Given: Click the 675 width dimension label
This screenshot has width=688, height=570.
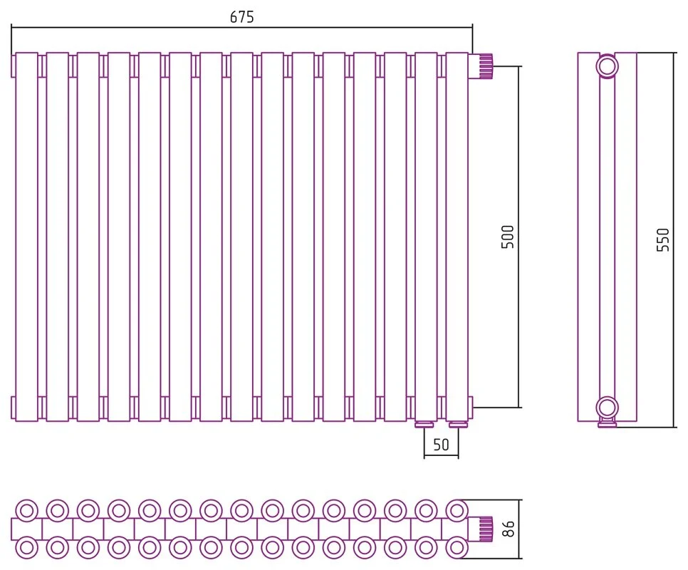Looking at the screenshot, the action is click(241, 16).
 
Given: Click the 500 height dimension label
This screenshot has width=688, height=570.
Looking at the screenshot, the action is click(507, 237).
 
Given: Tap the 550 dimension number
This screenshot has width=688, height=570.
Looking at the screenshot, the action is click(663, 239).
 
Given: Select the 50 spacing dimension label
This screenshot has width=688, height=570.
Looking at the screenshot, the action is click(441, 445).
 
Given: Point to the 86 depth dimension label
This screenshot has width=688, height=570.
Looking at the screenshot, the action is click(508, 529).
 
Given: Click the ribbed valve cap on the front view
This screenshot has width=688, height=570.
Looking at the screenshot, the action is click(486, 66).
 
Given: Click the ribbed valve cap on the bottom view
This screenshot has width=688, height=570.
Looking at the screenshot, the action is click(486, 529).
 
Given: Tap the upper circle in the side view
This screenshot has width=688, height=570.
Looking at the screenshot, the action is click(608, 66).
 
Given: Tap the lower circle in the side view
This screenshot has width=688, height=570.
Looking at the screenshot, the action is click(608, 408).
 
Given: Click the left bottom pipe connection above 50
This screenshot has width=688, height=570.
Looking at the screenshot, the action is click(424, 425).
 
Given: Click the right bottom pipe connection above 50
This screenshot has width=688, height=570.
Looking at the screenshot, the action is click(458, 425).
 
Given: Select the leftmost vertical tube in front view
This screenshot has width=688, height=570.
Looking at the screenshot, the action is click(26, 237).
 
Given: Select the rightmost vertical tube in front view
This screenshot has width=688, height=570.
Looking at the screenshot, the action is click(457, 237).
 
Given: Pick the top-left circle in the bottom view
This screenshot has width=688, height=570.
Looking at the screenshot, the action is click(26, 511).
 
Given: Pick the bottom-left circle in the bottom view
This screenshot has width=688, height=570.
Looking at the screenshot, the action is click(26, 548).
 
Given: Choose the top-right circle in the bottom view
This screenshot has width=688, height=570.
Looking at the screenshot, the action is click(457, 511).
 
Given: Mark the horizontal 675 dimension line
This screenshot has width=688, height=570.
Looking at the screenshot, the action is click(241, 27).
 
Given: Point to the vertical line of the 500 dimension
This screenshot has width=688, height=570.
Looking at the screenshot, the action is click(518, 237).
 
